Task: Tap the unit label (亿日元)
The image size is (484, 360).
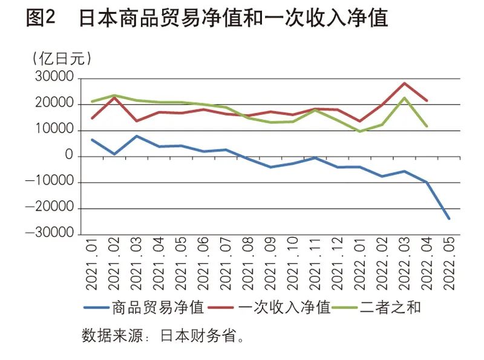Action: [61, 59]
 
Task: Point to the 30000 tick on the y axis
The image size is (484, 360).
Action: [55, 79]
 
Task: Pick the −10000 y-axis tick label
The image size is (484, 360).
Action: [51, 183]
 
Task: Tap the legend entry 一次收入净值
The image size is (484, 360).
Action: [284, 307]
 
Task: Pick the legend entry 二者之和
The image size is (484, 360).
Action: [390, 307]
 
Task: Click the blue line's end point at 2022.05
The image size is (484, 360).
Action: [449, 218]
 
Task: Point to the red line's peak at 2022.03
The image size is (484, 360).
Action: [404, 83]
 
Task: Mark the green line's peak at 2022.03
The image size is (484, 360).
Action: [404, 98]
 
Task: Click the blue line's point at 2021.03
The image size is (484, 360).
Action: [137, 136]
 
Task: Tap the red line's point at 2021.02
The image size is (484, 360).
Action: [114, 97]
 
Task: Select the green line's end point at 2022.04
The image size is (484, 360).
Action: [427, 126]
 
